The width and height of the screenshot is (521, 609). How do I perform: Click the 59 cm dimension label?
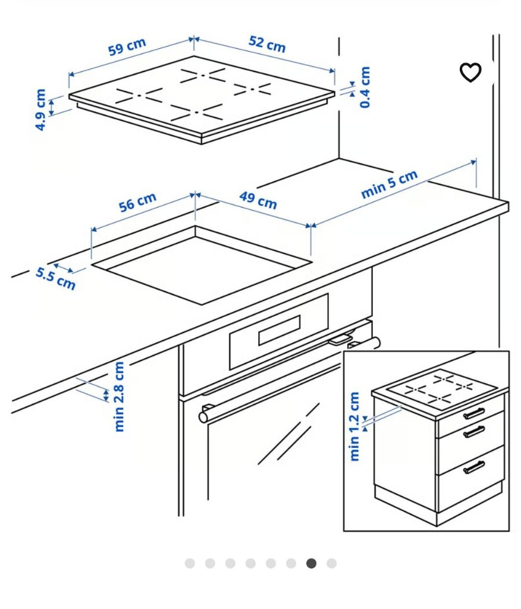click(x=127, y=47)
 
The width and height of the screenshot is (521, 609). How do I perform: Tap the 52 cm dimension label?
click(x=267, y=43)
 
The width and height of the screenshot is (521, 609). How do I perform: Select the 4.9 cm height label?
click(x=40, y=110)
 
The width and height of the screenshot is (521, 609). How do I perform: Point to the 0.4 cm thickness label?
click(x=365, y=87)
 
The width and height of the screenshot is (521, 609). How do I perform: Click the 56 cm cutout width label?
click(x=137, y=202)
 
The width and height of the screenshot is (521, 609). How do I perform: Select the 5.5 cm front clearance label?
click(x=56, y=278)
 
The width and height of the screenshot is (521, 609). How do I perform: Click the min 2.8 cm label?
click(x=120, y=397)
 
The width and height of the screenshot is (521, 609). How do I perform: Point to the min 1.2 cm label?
click(x=355, y=426)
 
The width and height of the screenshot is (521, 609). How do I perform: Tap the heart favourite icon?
click(x=470, y=73)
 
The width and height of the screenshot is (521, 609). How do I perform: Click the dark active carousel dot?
click(x=311, y=563)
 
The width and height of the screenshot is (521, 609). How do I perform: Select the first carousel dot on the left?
click(x=190, y=563)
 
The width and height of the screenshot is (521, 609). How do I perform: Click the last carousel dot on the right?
click(x=331, y=563)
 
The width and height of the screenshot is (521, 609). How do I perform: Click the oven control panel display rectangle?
click(x=279, y=331)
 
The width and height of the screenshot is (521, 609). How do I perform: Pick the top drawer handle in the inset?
click(x=474, y=413)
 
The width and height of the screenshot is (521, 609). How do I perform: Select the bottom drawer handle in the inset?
click(x=474, y=467)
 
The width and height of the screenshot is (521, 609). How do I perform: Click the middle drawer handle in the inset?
click(x=474, y=432)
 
